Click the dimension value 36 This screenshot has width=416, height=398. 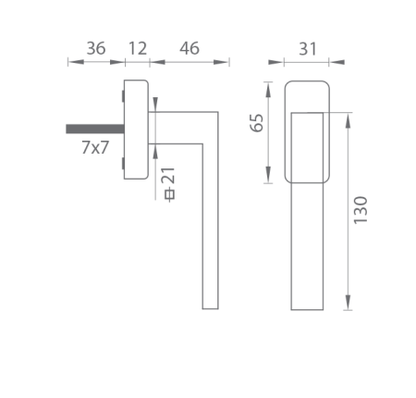coord(95,48)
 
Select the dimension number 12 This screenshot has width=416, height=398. coord(137,48)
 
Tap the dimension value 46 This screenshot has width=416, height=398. coord(190,48)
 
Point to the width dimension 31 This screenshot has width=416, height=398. coord(308,48)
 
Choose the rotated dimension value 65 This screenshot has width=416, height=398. coord(258,122)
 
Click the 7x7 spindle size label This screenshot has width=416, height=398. coord(95,146)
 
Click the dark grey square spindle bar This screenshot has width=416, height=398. coord(93,129)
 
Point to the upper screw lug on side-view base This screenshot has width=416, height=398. coord(122,93)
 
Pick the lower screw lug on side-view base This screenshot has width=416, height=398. coord(122,166)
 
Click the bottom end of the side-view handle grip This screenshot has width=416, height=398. coord(210,306)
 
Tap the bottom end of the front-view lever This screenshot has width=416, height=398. coord(308,310)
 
